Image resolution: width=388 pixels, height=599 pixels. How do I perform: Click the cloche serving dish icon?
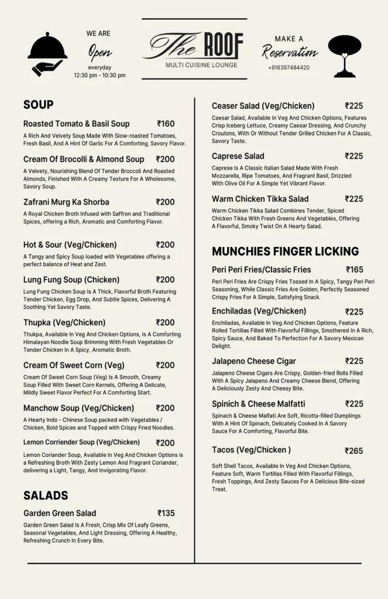(x=47, y=54)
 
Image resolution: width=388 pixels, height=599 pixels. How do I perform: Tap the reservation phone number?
(x=289, y=68)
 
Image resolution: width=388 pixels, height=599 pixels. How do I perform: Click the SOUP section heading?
(x=39, y=105)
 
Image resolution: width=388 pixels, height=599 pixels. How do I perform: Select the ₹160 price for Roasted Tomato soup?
(x=166, y=124)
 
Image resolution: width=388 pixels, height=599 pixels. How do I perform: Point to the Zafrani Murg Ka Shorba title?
(x=66, y=202)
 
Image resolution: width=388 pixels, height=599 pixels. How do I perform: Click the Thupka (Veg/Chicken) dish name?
(x=64, y=322)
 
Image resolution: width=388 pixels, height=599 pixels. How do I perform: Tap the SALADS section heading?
(x=46, y=495)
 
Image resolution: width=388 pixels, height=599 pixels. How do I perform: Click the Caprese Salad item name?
(x=238, y=156)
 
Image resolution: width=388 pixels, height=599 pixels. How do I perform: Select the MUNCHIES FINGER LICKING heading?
(x=285, y=252)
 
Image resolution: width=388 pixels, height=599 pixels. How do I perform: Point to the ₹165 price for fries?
(x=354, y=270)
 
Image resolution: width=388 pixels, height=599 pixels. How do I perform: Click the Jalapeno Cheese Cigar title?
(x=254, y=361)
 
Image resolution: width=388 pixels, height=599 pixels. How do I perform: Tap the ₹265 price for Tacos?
(x=353, y=451)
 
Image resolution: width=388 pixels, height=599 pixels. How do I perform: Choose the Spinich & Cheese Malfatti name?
(x=258, y=404)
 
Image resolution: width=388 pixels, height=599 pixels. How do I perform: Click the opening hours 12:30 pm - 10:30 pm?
(x=99, y=75)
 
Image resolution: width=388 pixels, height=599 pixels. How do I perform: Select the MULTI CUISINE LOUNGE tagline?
(x=201, y=65)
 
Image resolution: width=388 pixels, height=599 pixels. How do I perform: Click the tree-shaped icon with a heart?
(x=344, y=56)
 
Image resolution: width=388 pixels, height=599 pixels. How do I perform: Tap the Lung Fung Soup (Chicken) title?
(x=71, y=280)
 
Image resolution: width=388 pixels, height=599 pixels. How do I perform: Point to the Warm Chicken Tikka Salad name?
(x=260, y=199)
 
